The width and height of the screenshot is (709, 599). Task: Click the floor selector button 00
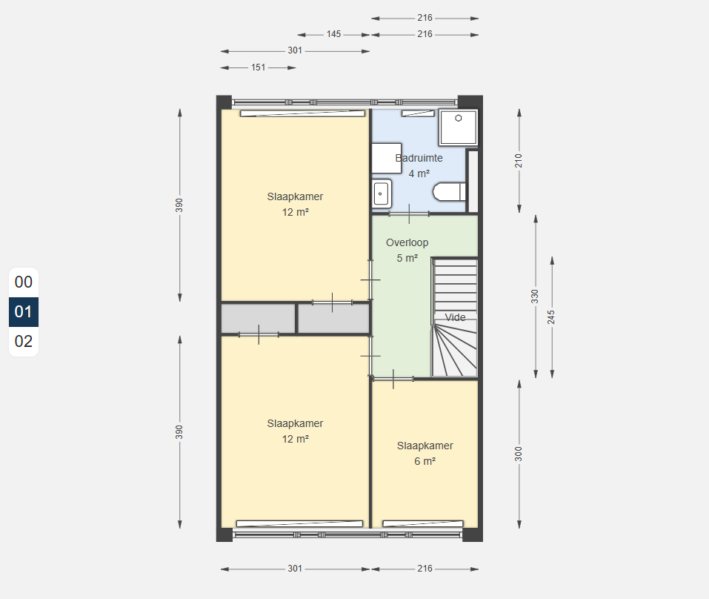click(24, 282)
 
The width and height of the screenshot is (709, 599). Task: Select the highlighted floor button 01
click(24, 311)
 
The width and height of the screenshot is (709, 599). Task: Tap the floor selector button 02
click(24, 342)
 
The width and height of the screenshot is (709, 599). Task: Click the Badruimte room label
click(419, 159)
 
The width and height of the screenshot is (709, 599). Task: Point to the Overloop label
click(407, 242)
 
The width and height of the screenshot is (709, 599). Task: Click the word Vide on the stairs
click(455, 317)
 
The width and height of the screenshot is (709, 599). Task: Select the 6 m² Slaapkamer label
click(425, 453)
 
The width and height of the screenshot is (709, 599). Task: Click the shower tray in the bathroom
click(458, 127)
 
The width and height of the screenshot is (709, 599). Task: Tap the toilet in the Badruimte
click(449, 192)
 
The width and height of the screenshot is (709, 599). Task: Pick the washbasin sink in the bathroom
click(382, 193)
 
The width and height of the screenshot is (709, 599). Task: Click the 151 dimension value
click(258, 67)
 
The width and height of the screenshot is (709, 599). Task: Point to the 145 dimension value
click(333, 34)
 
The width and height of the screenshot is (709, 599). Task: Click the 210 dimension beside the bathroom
click(519, 161)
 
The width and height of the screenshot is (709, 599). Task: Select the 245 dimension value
click(551, 317)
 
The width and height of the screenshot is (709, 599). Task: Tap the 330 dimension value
click(535, 297)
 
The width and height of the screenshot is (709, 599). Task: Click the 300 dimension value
click(519, 454)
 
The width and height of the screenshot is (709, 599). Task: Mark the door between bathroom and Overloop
click(409, 214)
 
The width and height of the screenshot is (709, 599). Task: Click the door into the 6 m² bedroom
click(393, 379)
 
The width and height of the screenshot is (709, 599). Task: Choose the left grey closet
click(258, 319)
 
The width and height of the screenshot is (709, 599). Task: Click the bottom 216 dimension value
click(425, 569)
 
